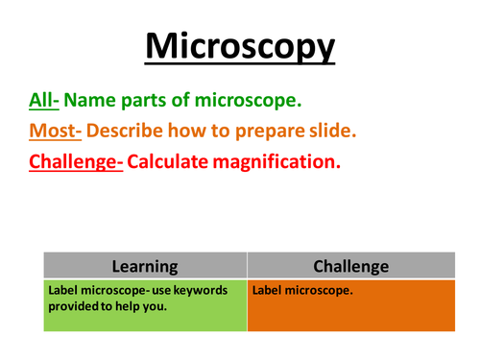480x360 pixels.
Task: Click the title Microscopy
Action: tap(240, 46)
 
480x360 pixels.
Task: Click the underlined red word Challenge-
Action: tap(76, 161)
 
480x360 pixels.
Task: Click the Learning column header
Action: tap(145, 267)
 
